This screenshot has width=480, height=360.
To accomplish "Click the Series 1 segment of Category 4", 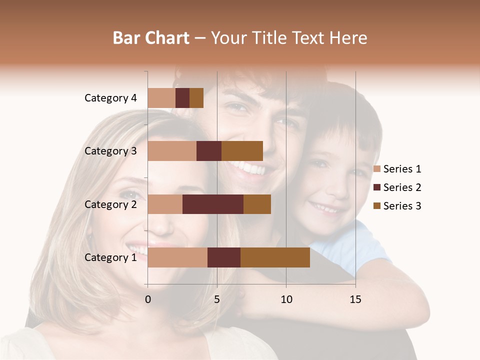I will [x=161, y=98].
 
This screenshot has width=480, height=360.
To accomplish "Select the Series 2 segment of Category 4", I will [x=182, y=98].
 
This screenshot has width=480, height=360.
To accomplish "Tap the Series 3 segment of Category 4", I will [x=196, y=98].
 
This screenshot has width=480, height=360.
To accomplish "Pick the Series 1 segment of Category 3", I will [x=172, y=151].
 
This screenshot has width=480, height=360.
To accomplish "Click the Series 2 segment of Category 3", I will [x=209, y=151].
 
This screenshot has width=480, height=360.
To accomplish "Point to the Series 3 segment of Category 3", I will [x=242, y=151].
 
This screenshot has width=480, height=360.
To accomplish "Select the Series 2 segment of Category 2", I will [x=213, y=204].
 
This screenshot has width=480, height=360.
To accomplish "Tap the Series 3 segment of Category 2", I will [x=257, y=204].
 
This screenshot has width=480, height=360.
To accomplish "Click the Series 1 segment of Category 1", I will [x=177, y=257].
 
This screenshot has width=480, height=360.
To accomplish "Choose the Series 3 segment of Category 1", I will [x=275, y=257].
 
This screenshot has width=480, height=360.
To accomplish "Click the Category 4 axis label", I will [x=110, y=98].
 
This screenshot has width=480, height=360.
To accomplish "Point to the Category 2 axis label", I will [x=110, y=204].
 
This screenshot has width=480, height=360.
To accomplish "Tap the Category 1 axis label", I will [x=110, y=257].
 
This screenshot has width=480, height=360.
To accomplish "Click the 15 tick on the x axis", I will [x=355, y=299].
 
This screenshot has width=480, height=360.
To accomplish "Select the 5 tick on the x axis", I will [x=217, y=299].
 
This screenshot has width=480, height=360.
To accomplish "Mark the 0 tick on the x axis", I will [x=148, y=299].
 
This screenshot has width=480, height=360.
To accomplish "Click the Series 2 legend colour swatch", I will [x=377, y=187].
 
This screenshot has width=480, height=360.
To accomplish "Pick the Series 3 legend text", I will [x=402, y=206].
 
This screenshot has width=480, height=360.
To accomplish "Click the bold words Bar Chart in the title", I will [x=151, y=38].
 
